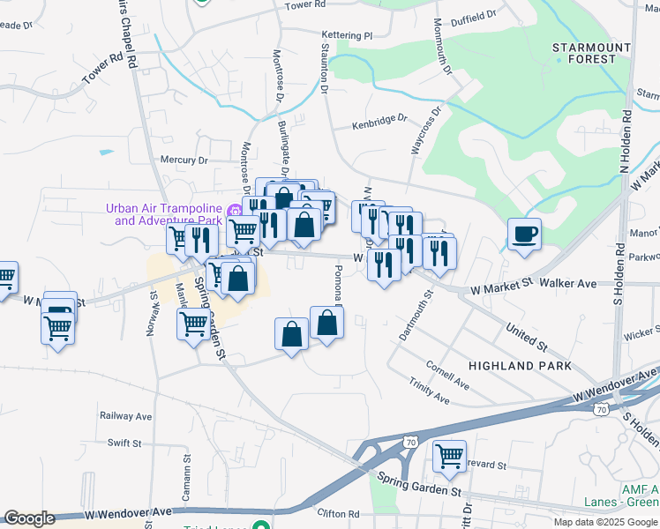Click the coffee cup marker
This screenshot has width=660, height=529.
[x=525, y=234]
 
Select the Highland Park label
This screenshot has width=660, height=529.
[x=520, y=365]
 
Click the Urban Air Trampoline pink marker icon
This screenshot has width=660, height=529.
[x=234, y=211]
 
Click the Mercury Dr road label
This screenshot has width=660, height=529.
[x=183, y=160]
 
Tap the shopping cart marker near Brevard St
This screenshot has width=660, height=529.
[x=450, y=456]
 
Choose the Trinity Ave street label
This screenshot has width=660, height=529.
[x=429, y=393]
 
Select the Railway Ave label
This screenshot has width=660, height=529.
[x=127, y=416]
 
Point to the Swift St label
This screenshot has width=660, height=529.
[x=125, y=443]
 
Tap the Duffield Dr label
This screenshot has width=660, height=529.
[x=473, y=18]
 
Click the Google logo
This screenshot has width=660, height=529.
[x=29, y=518]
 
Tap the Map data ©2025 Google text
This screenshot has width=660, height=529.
[x=605, y=522]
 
